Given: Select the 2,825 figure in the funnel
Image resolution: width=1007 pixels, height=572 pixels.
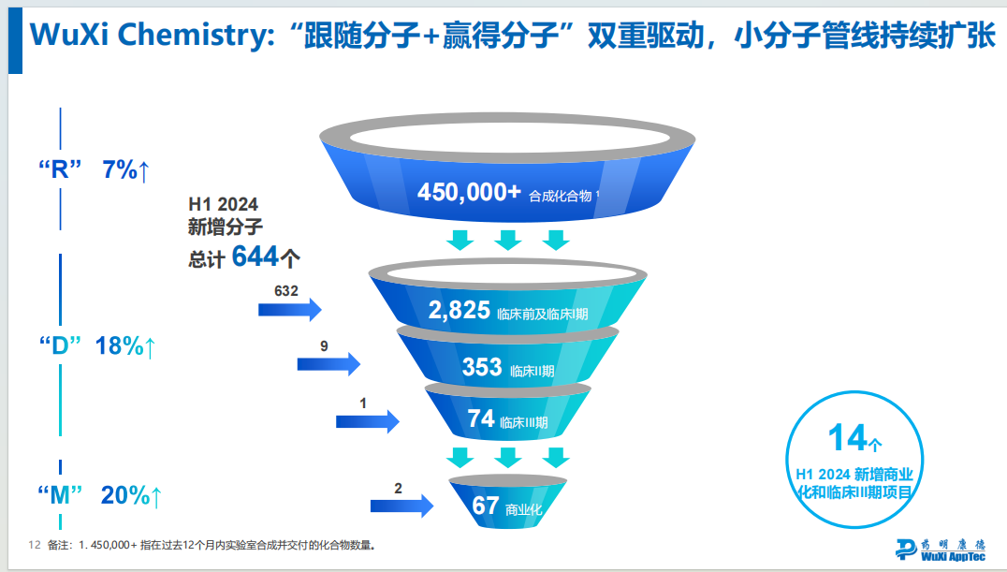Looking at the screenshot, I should pos(460,311).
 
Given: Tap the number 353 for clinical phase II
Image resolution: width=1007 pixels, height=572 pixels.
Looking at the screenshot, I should pos(482,367).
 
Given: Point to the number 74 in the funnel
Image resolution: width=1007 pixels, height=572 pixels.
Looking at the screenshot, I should pos(481,418).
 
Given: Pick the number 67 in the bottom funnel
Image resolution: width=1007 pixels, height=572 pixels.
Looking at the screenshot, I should pos(485,506).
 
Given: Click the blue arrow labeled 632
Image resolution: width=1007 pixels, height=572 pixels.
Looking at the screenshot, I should pos(290,309).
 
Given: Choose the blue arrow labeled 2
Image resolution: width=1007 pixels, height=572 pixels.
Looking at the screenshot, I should pos(401,506).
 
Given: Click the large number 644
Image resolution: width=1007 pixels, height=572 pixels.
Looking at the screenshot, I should pos(255,256).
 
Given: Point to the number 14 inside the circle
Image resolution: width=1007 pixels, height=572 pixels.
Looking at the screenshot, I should pos(848,437).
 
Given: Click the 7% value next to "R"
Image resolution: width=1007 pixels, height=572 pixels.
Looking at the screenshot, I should pos(120,170).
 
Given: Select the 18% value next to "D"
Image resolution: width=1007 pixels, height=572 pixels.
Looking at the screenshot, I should pos(120,345).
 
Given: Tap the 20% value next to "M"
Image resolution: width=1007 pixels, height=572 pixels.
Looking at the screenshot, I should pos(125,495).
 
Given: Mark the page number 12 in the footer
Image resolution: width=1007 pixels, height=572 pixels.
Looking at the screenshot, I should pos(35,545).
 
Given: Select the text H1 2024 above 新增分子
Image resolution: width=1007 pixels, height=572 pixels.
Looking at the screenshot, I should pos(224,203).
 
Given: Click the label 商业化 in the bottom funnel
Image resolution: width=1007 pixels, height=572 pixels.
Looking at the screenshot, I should pos(523,510).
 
